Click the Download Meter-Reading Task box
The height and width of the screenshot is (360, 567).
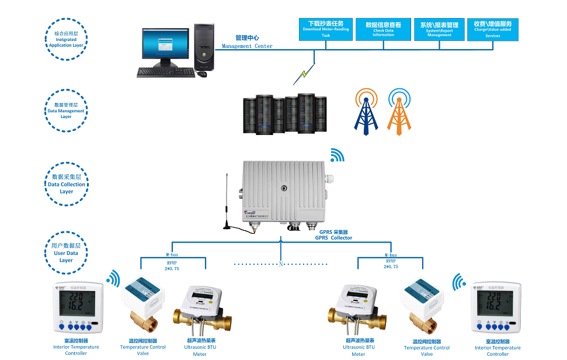pyautogui.click(x=325, y=29)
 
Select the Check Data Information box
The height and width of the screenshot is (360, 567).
pyautogui.click(x=383, y=29)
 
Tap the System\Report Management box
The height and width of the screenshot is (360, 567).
pyautogui.click(x=439, y=29)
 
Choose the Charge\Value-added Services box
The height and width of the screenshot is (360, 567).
pyautogui.click(x=492, y=29)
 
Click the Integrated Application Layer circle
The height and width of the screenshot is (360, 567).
pyautogui.click(x=66, y=38)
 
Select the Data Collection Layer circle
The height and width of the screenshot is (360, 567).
pyautogui.click(x=66, y=184)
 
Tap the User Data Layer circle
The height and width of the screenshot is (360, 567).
pyautogui.click(x=66, y=252)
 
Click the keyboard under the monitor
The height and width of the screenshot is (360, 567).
pyautogui.click(x=166, y=72)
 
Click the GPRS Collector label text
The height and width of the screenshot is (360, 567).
pyautogui.click(x=333, y=235)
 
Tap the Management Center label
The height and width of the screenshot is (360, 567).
pyautogui.click(x=247, y=41)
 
